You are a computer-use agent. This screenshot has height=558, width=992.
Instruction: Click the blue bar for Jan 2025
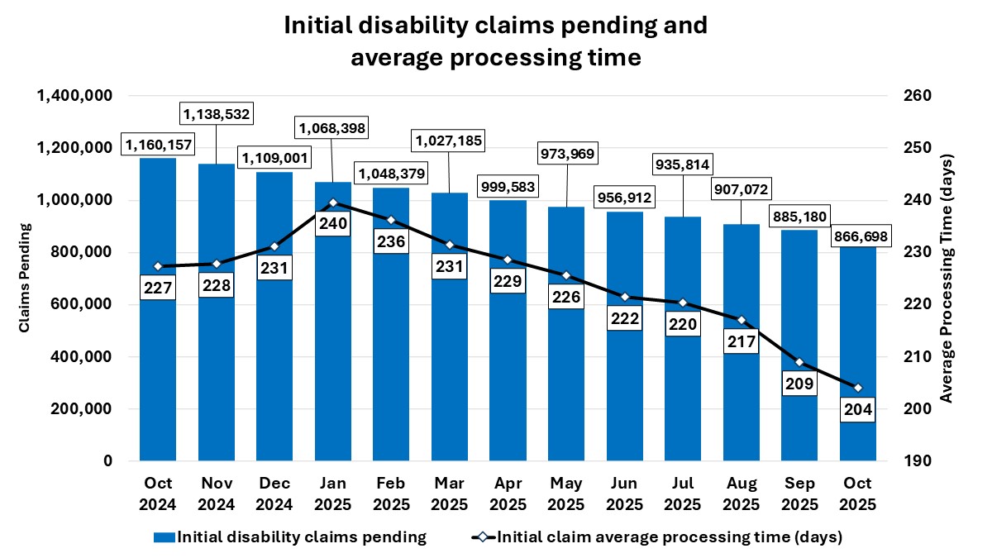click(331, 347)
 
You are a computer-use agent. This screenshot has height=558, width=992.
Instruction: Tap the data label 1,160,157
click(159, 145)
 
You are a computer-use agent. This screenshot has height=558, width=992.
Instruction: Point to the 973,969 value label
click(567, 153)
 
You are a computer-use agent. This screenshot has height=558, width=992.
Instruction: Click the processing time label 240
click(332, 223)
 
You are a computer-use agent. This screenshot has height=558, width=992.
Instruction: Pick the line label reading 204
click(857, 409)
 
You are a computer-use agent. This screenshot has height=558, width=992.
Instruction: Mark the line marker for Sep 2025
click(799, 362)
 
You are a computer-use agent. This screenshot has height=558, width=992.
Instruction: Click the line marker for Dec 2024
click(274, 246)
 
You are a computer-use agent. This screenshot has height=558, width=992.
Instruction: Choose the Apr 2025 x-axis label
click(508, 494)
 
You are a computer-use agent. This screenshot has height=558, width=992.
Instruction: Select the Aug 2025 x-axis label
click(741, 494)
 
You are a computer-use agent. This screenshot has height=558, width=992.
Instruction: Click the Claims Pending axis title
click(25, 278)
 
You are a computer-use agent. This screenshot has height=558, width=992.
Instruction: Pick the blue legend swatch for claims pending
click(164, 537)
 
